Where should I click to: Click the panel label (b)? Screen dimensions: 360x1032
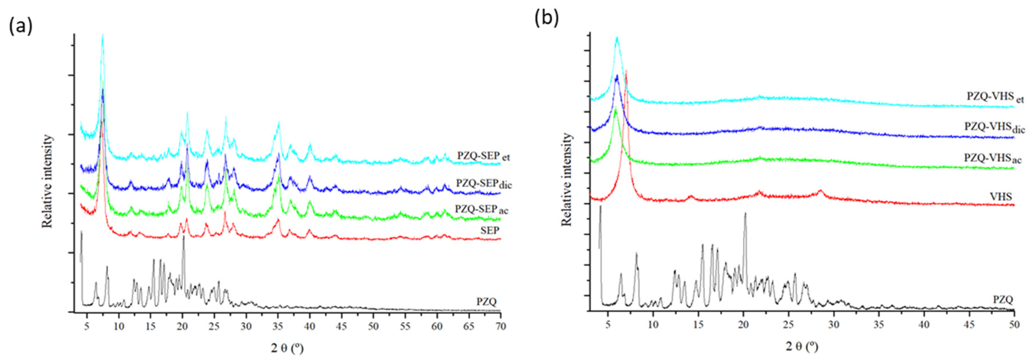point(546,18)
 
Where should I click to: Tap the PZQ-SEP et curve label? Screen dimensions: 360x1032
point(483,155)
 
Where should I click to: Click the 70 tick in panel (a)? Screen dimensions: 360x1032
point(500,326)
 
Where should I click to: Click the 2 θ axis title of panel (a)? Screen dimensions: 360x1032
point(287,348)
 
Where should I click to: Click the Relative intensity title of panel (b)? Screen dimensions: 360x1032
point(566,180)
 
